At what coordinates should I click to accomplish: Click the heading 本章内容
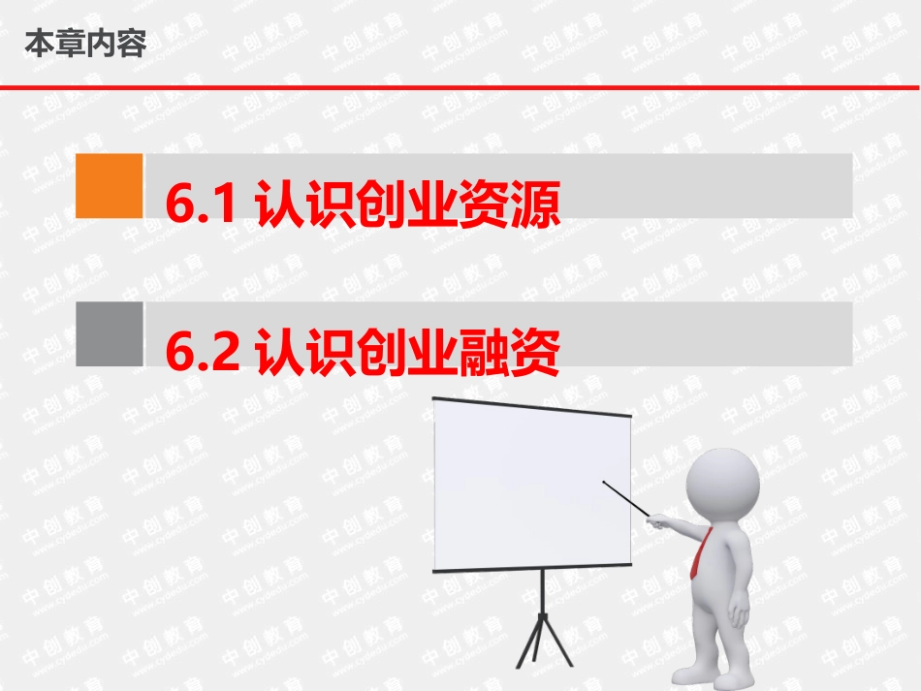pyautogui.click(x=84, y=44)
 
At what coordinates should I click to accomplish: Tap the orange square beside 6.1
pyautogui.click(x=109, y=185)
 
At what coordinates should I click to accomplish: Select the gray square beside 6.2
pyautogui.click(x=109, y=333)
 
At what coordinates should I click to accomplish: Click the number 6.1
pyautogui.click(x=202, y=205)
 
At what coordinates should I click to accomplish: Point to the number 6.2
pyautogui.click(x=202, y=353)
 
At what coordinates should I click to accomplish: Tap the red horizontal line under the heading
pyautogui.click(x=460, y=87)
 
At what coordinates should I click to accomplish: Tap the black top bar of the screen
pyautogui.click(x=531, y=406)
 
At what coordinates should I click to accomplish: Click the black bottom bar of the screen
pyautogui.click(x=531, y=568)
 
